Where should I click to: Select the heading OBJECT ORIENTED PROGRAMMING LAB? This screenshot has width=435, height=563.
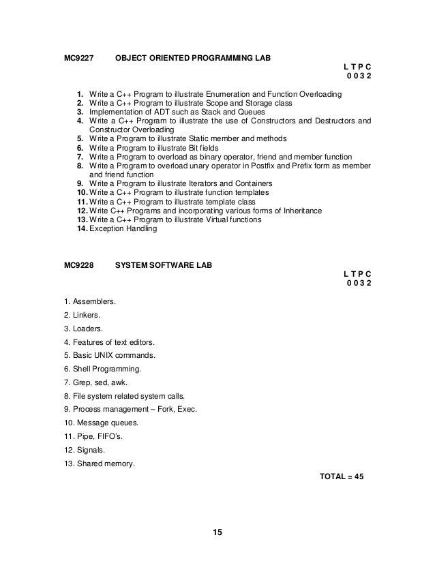[193, 58]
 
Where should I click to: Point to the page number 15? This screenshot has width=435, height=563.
[217, 532]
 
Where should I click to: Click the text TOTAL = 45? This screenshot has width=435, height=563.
[342, 476]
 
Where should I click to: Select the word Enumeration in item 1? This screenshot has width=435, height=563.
[238, 94]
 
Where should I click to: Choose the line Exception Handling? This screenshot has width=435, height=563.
[123, 228]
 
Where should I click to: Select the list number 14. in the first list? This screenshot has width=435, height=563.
[81, 228]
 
